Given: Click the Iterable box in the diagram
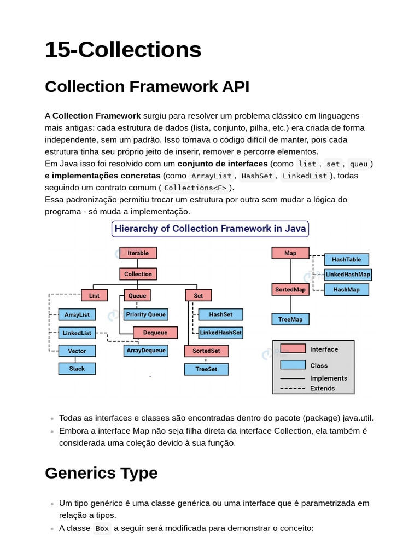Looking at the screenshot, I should pyautogui.click(x=138, y=253).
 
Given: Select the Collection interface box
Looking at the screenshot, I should pyautogui.click(x=138, y=274).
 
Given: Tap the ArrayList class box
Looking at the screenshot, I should pyautogui.click(x=77, y=315).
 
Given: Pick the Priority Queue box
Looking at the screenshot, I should pyautogui.click(x=145, y=314).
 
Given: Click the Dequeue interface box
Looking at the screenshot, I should pyautogui.click(x=155, y=332).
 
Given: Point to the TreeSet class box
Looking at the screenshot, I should pyautogui.click(x=206, y=369).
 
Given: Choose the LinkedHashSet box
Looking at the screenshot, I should pyautogui.click(x=220, y=332).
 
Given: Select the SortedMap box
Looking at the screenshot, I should pyautogui.click(x=290, y=289).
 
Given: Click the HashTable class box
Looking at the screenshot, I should pyautogui.click(x=346, y=260).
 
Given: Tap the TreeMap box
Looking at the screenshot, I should pyautogui.click(x=290, y=319).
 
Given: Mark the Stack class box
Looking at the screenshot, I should pyautogui.click(x=77, y=369).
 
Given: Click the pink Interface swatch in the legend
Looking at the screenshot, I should pyautogui.click(x=293, y=349).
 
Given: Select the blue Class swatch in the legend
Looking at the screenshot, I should pyautogui.click(x=293, y=365).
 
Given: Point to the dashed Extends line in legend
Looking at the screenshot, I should pyautogui.click(x=293, y=389).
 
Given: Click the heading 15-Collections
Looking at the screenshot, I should pyautogui.click(x=123, y=50).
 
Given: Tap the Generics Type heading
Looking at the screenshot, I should pyautogui.click(x=101, y=473).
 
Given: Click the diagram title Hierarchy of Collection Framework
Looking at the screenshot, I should pyautogui.click(x=210, y=229).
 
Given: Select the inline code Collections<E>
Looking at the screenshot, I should pyautogui.click(x=195, y=188).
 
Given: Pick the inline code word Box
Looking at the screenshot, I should pyautogui.click(x=102, y=528).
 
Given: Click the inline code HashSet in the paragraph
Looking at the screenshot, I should pyautogui.click(x=257, y=176).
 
